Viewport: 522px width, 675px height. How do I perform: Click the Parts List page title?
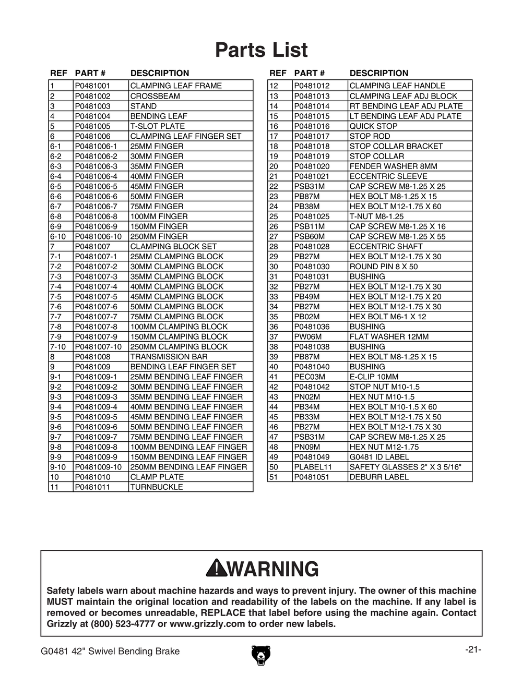click(x=261, y=51)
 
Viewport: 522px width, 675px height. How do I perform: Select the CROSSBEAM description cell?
click(x=155, y=96)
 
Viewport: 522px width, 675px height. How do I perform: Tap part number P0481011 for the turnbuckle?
click(x=92, y=487)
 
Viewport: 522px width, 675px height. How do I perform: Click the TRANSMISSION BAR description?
click(x=169, y=357)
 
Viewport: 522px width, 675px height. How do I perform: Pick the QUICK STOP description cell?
click(x=373, y=126)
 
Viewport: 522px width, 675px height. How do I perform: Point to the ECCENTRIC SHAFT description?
click(x=386, y=246)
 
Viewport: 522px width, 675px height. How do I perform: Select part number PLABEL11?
click(x=313, y=467)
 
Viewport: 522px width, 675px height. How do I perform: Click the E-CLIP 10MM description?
click(x=374, y=377)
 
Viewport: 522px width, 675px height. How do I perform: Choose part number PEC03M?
click(x=310, y=377)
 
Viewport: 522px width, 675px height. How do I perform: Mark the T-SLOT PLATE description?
click(x=157, y=126)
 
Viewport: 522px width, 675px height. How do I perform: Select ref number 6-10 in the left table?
click(x=58, y=236)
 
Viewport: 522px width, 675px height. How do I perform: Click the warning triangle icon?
click(x=215, y=569)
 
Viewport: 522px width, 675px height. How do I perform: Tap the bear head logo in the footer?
click(x=260, y=655)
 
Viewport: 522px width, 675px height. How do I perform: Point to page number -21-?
click(x=472, y=649)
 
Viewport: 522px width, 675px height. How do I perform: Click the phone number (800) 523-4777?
click(x=123, y=624)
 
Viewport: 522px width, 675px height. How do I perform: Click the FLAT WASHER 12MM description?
click(x=389, y=337)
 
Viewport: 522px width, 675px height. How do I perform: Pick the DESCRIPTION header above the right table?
click(x=379, y=73)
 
